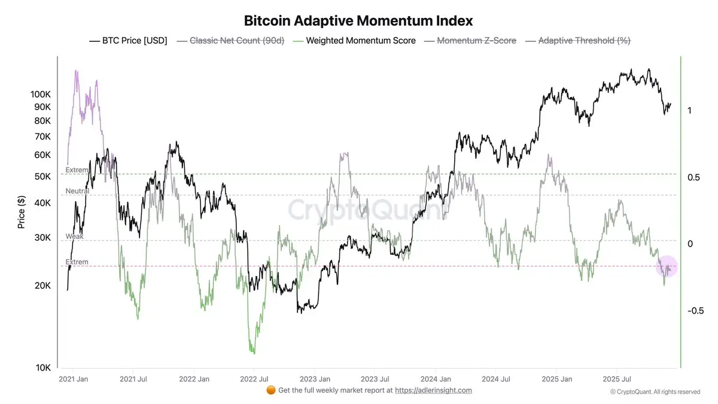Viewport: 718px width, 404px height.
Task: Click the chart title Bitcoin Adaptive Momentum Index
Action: [358, 20]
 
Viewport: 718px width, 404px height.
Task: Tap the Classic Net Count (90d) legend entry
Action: [236, 41]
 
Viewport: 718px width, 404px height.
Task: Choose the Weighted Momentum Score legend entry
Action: [360, 41]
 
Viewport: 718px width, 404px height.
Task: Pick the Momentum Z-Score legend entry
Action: [476, 41]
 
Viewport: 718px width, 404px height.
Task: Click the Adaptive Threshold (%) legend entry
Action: [584, 41]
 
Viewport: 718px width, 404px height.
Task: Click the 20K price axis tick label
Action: [42, 285]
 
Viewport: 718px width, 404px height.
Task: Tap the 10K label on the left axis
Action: [42, 367]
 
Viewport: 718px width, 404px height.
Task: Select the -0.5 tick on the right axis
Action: [695, 311]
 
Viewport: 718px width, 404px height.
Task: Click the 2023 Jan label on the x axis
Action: [315, 379]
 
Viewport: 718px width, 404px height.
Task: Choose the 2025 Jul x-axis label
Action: [616, 379]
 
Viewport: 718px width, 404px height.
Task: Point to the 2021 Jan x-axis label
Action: [74, 379]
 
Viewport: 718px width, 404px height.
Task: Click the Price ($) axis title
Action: [22, 212]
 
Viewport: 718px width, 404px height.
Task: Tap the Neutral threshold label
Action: [77, 191]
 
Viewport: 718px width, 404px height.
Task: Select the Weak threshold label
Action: [74, 236]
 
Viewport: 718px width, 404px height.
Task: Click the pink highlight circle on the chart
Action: [667, 266]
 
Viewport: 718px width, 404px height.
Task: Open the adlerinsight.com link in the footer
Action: [433, 390]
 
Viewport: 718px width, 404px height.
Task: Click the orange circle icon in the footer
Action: [270, 390]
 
